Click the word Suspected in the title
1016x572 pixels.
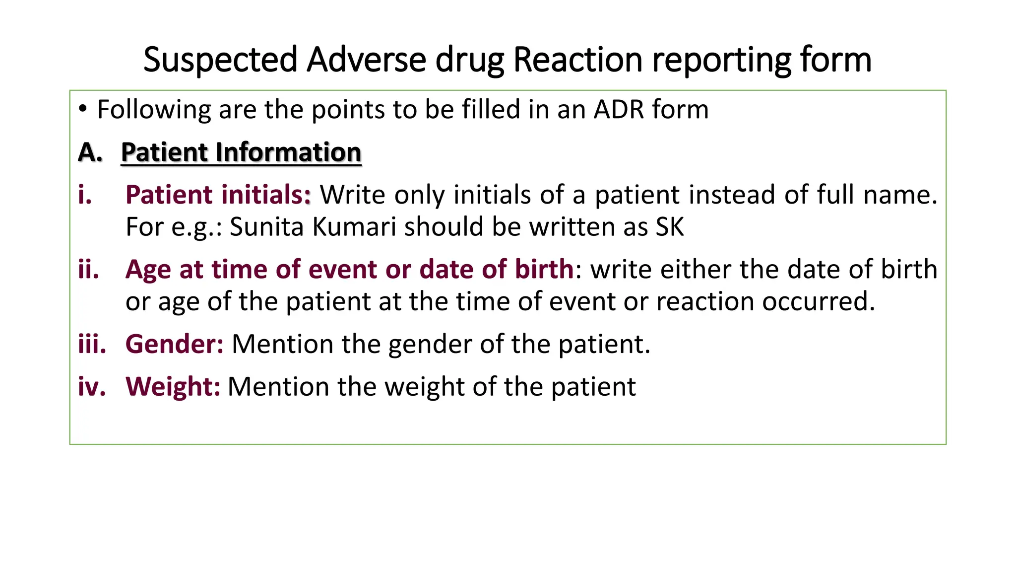220,60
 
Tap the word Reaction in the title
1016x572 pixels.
577,60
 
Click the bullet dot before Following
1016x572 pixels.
83,109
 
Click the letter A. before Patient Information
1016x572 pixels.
90,152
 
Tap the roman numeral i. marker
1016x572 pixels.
85,194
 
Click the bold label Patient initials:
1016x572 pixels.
218,194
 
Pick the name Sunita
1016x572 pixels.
266,227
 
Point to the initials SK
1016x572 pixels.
670,227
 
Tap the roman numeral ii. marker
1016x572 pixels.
88,269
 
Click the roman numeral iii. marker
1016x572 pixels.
92,344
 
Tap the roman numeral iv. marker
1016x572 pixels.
92,386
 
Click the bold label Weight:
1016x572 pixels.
173,386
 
